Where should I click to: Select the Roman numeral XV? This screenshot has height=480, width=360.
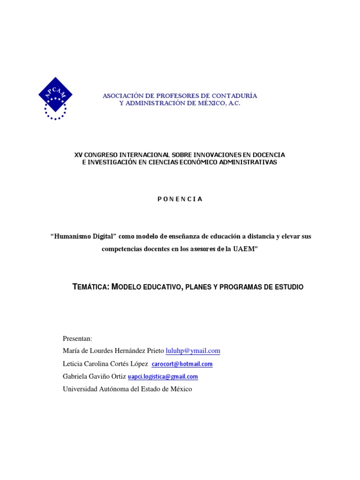(x=79, y=155)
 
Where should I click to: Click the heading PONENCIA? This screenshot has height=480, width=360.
(x=180, y=199)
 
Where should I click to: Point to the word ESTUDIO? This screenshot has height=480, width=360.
(x=289, y=286)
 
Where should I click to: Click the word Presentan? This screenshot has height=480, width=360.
(x=77, y=338)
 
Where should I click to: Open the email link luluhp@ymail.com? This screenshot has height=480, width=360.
(x=193, y=351)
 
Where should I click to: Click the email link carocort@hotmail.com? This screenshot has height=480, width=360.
(x=182, y=364)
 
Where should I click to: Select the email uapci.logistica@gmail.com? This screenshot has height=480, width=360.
(x=163, y=376)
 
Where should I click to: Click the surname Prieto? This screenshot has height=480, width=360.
(x=155, y=351)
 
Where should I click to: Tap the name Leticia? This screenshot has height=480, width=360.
(x=73, y=364)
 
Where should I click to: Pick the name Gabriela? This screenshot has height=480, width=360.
(x=75, y=376)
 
